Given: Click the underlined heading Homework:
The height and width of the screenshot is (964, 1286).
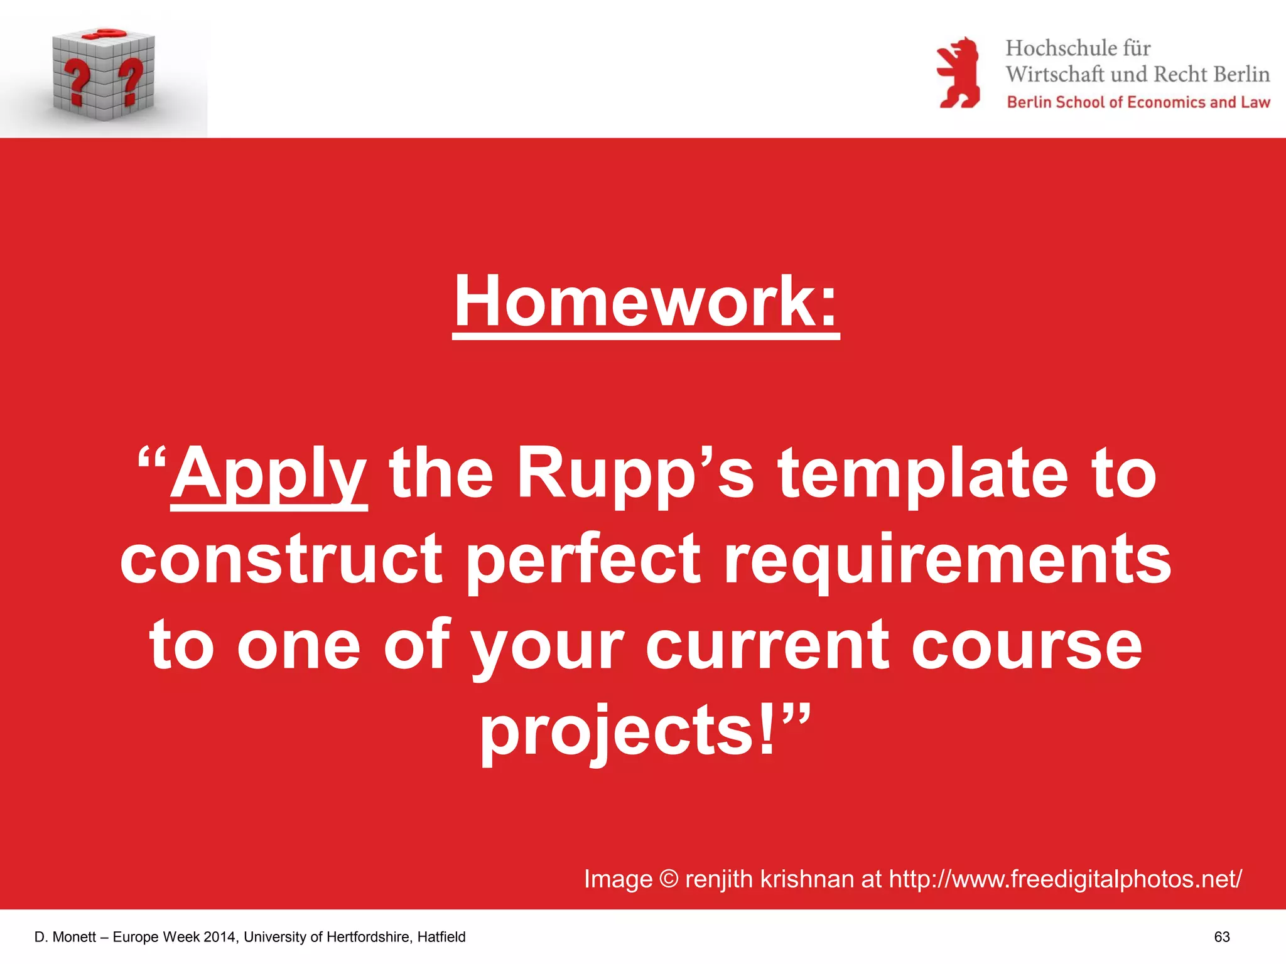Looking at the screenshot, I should (646, 303).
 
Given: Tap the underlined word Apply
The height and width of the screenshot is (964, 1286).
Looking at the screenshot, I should (269, 475).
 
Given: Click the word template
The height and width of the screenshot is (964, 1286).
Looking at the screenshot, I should (922, 475).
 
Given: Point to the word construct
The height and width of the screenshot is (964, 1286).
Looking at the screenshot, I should (281, 559).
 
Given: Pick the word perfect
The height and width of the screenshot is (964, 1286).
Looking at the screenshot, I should (583, 559).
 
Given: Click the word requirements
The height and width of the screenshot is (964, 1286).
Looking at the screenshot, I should (947, 559).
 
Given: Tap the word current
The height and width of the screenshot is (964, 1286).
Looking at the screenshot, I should (767, 645).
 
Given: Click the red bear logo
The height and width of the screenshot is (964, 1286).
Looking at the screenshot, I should (958, 73).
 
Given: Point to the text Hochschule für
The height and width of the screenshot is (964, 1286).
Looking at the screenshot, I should (1078, 48).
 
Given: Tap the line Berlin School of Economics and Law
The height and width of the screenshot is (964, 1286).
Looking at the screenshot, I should (1138, 102).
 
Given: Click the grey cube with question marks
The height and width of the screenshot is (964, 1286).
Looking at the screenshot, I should (104, 75).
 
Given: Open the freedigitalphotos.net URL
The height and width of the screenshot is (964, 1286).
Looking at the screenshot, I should (1065, 879).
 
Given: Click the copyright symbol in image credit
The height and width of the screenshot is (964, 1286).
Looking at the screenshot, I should (669, 879).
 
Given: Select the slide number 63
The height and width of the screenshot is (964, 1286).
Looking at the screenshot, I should (1221, 937).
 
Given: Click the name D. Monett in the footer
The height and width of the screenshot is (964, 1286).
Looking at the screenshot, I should (65, 937).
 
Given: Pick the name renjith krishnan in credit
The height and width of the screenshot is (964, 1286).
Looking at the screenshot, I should (770, 879).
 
